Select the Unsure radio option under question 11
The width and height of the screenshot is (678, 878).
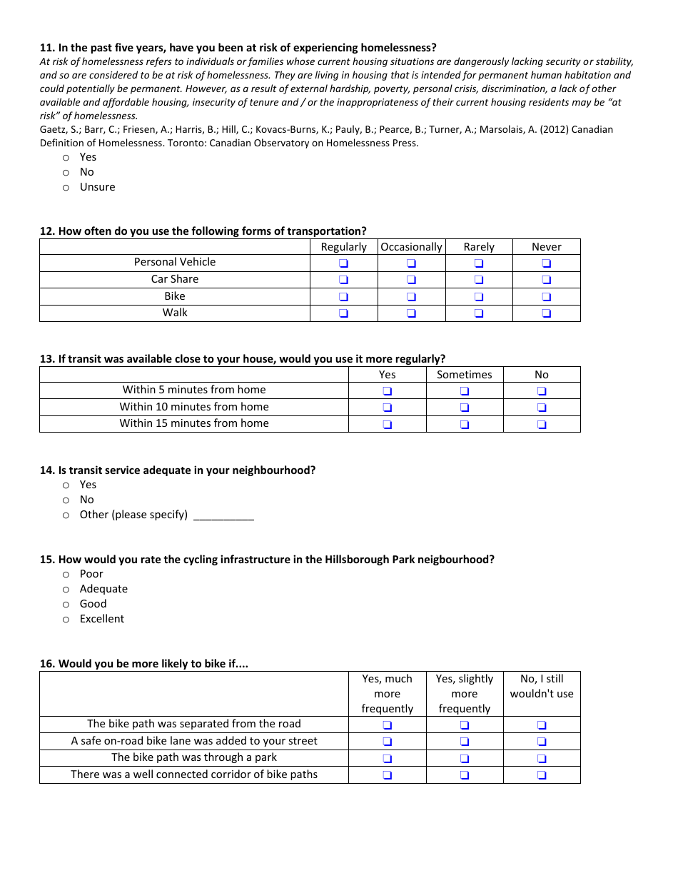[x=66, y=188]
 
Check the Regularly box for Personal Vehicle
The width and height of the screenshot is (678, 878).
[x=343, y=263]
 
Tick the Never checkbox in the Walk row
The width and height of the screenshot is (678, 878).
[x=547, y=313]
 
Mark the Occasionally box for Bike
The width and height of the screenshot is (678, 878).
[x=411, y=297]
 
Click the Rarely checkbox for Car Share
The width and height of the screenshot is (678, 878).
[x=479, y=280]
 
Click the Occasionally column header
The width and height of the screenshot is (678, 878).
[x=411, y=247]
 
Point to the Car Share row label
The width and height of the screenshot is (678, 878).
[x=175, y=279]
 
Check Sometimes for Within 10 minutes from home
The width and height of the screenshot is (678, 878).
[x=465, y=408]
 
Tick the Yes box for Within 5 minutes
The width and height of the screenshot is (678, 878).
[x=388, y=391]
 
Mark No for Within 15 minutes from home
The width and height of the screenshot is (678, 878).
[x=542, y=425]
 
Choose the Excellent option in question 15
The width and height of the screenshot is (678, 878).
[x=66, y=620]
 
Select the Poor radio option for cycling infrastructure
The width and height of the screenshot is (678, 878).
[x=66, y=575]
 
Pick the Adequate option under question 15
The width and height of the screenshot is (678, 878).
[x=66, y=590]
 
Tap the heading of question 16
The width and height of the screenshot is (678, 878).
[x=144, y=664]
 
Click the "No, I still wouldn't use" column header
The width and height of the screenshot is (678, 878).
[x=542, y=687]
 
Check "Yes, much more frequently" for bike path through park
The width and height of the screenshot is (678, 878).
[x=388, y=759]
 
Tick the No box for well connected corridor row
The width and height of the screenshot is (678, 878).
[x=542, y=775]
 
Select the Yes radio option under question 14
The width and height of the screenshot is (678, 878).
[x=66, y=485]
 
